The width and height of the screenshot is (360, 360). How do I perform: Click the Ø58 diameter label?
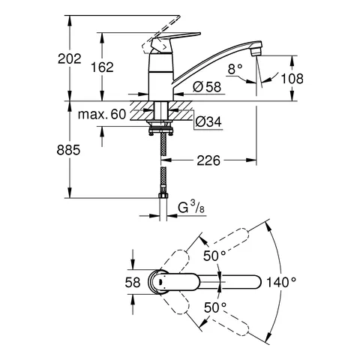click(x=206, y=88)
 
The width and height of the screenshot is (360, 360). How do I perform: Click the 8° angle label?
click(x=235, y=68)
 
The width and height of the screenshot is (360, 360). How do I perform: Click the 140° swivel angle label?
click(x=282, y=282)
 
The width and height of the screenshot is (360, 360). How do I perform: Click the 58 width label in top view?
click(x=133, y=282)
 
